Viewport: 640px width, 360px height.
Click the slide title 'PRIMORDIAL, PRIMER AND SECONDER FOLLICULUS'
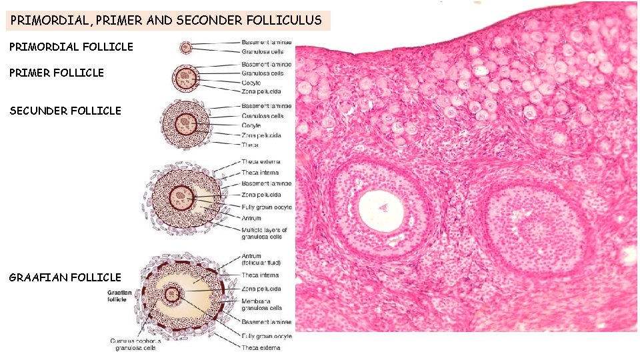pyautogui.click(x=166, y=20)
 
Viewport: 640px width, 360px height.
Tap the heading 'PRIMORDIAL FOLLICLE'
pyautogui.click(x=71, y=47)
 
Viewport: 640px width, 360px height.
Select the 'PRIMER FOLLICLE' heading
pyautogui.click(x=57, y=73)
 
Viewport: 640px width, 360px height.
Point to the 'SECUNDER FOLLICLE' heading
pyautogui.click(x=65, y=111)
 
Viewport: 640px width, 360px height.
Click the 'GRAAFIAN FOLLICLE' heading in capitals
pyautogui.click(x=65, y=277)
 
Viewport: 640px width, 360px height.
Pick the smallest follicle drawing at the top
pyautogui.click(x=186, y=47)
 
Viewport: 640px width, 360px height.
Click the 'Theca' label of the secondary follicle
pyautogui.click(x=250, y=144)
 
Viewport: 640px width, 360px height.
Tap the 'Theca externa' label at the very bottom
pyautogui.click(x=261, y=347)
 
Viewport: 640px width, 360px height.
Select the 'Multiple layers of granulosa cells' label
pyautogui.click(x=264, y=233)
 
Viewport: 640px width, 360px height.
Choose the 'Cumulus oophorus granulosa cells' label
pyautogui.click(x=135, y=345)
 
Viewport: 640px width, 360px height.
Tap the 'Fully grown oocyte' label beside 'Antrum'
pyautogui.click(x=267, y=207)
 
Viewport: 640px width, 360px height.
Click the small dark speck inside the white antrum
pyautogui.click(x=383, y=207)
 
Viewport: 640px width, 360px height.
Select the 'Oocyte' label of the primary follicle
pyautogui.click(x=251, y=82)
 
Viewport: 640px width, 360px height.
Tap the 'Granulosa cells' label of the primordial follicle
pyautogui.click(x=262, y=51)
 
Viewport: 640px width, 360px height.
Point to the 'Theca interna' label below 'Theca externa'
pyautogui.click(x=261, y=173)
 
